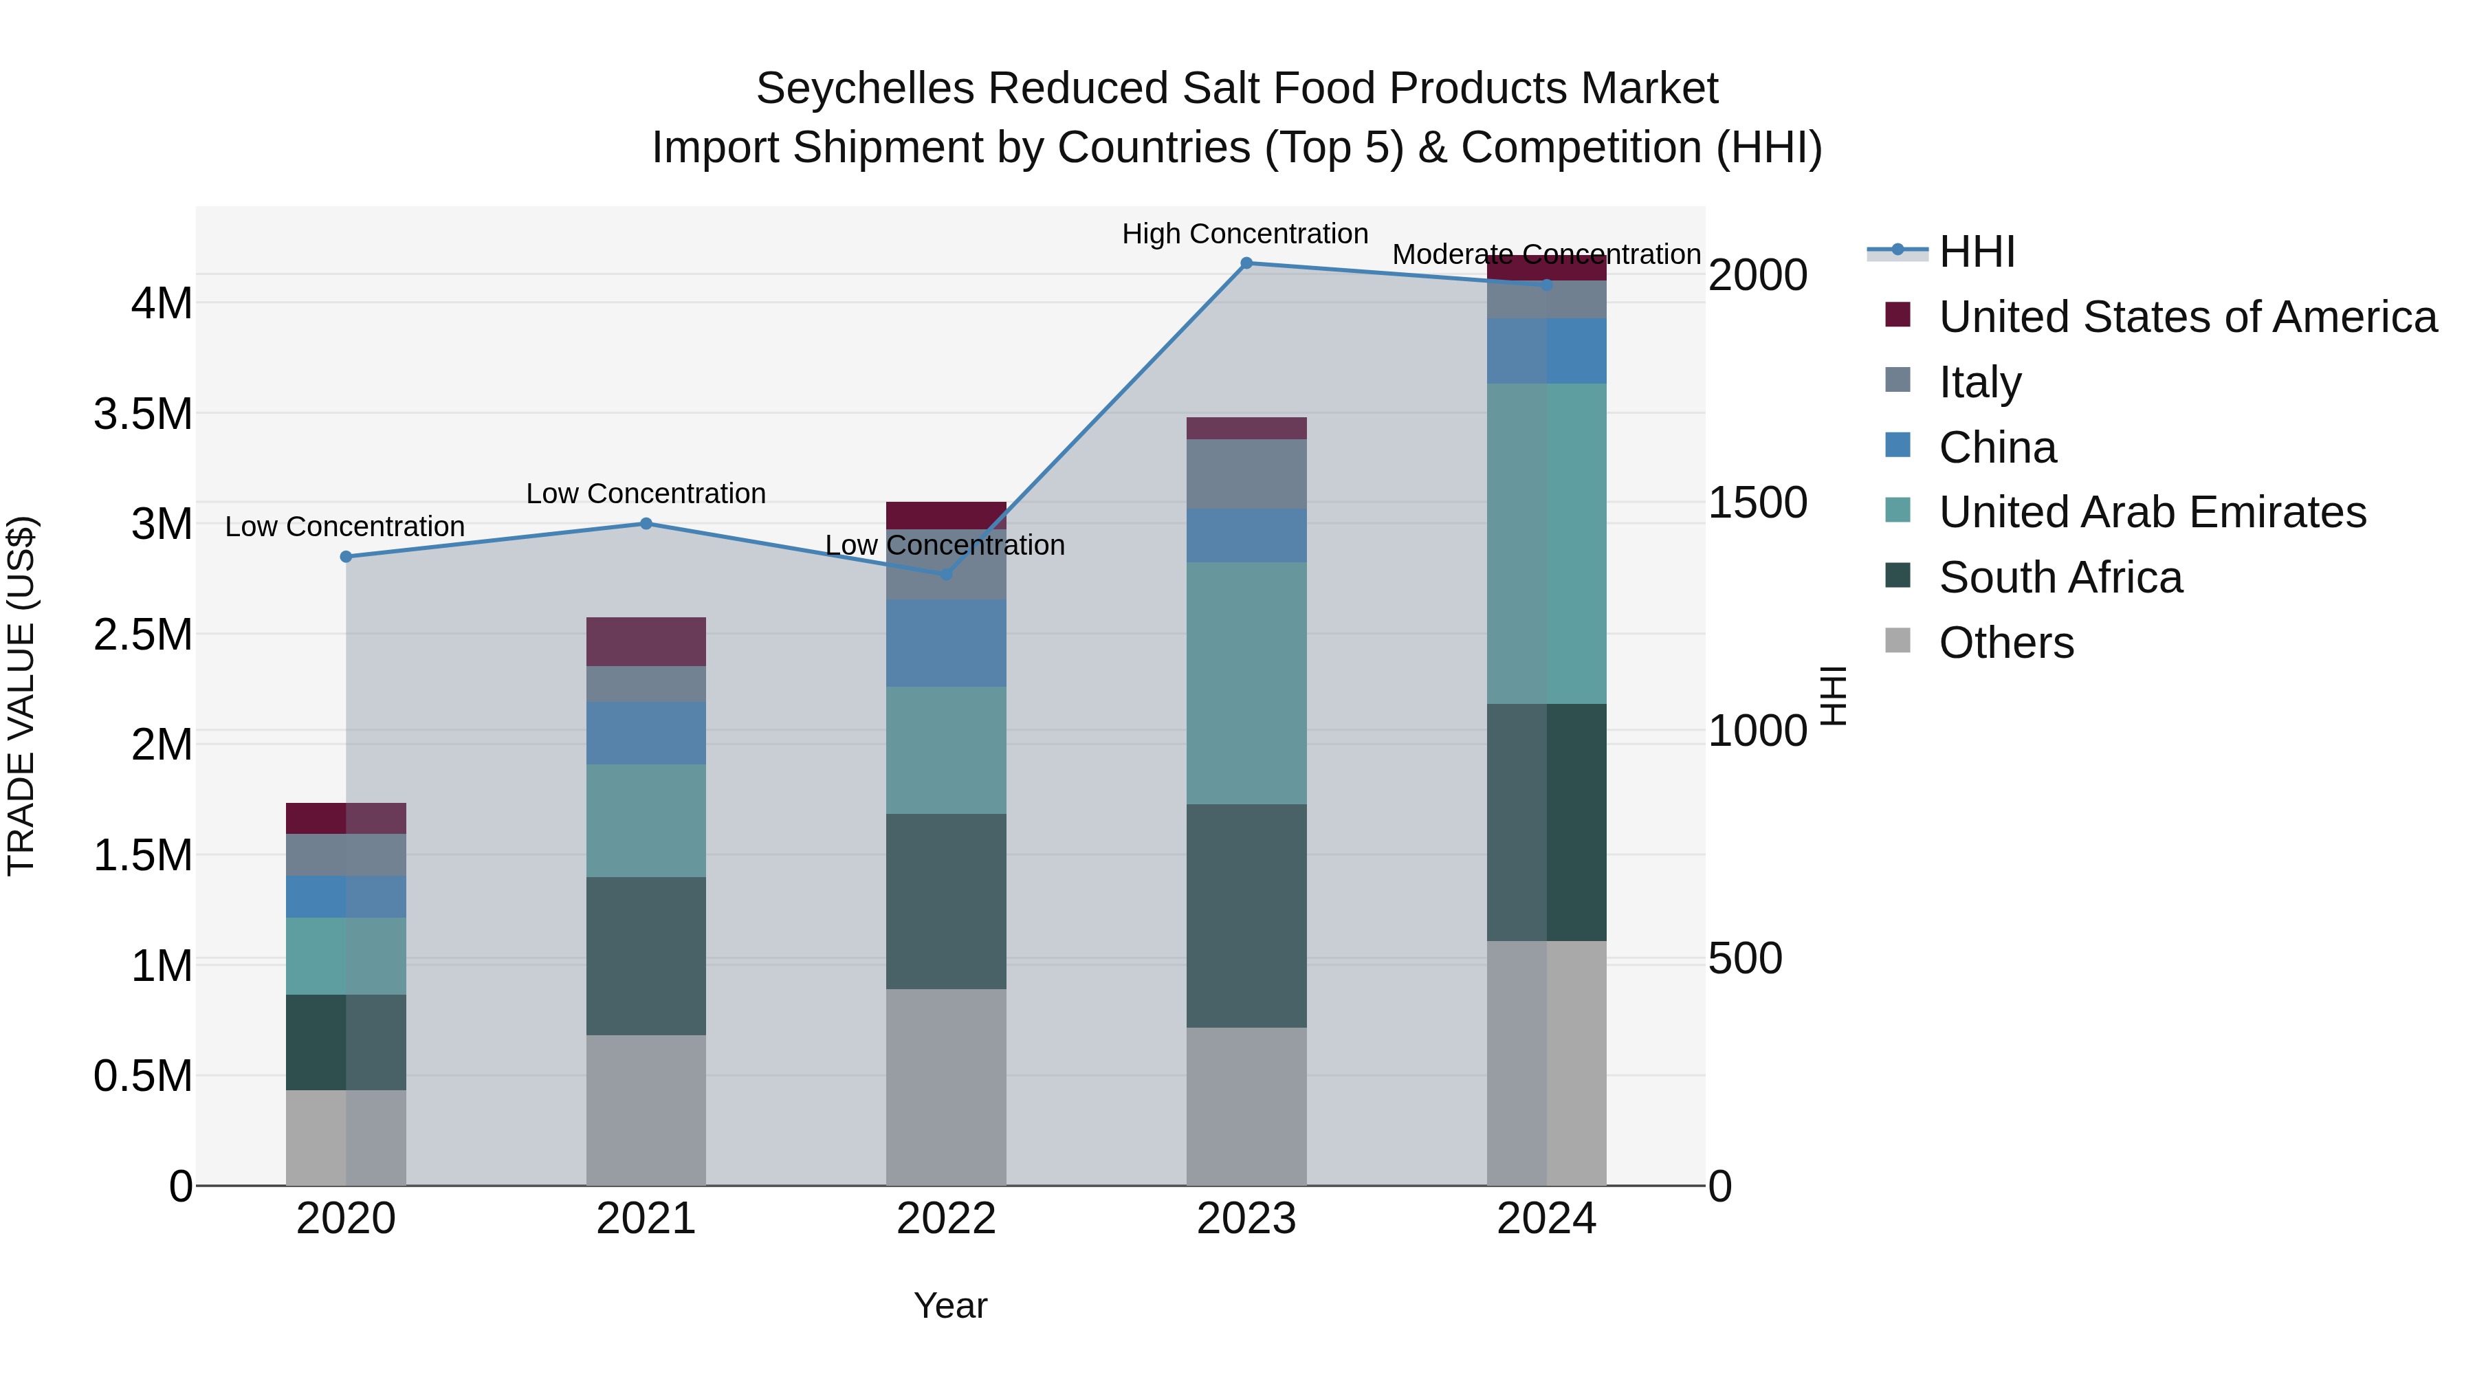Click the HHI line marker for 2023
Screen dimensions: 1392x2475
tap(1246, 263)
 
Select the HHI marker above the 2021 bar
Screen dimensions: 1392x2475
tap(646, 524)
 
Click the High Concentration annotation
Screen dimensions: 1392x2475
tap(1244, 234)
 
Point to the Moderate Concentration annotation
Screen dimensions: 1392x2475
tap(1546, 254)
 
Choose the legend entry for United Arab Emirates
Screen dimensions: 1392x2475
tap(2152, 512)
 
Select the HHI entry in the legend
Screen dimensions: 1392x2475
tap(1977, 252)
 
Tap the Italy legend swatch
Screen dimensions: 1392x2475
tap(1897, 380)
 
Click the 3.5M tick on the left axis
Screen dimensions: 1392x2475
tap(143, 414)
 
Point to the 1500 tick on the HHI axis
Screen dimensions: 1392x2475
tap(1757, 502)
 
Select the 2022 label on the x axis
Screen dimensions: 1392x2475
tap(945, 1219)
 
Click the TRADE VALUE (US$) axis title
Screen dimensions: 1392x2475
tap(21, 696)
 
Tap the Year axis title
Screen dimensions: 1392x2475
tap(950, 1305)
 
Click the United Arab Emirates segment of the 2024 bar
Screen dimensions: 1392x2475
tap(1546, 543)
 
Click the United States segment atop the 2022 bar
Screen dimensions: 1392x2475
tap(945, 515)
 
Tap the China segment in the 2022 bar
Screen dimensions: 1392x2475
tap(945, 643)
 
